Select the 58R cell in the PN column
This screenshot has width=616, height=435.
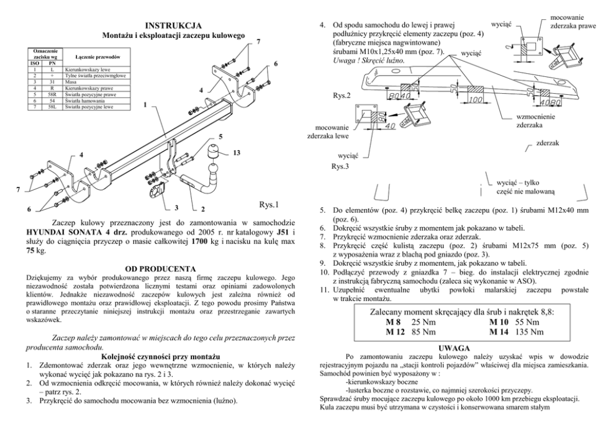[x=52, y=94]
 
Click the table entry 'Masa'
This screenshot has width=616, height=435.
[x=70, y=81]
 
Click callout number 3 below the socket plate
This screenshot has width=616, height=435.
[x=176, y=207]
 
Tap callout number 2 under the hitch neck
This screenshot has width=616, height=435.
[x=204, y=208]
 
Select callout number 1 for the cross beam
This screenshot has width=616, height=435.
[x=145, y=105]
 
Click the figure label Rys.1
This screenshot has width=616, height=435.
[x=268, y=204]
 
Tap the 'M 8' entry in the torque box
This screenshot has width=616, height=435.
[x=394, y=323]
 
